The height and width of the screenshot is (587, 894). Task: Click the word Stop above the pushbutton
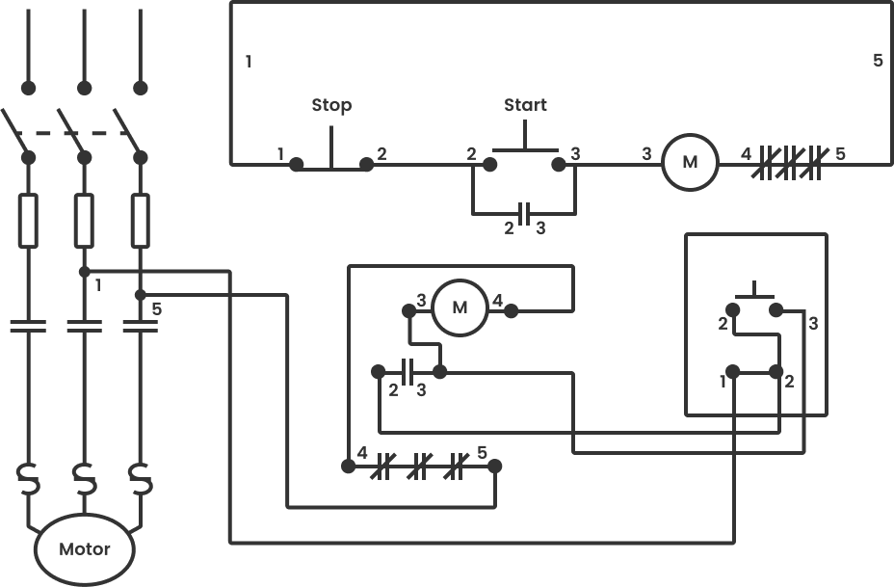click(x=331, y=105)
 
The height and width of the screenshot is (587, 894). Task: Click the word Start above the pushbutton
click(x=525, y=105)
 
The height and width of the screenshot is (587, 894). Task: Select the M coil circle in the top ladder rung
click(x=690, y=161)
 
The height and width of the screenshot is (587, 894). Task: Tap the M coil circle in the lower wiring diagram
click(x=460, y=307)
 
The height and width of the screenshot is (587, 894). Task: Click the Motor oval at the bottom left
click(x=85, y=550)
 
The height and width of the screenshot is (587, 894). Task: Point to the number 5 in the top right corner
click(x=878, y=60)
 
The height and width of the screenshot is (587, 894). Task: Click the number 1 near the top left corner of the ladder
click(x=249, y=62)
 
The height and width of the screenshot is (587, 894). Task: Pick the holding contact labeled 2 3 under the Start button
click(x=525, y=211)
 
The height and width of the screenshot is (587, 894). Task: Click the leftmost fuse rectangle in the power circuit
click(x=29, y=219)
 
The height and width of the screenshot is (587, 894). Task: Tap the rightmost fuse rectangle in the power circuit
click(x=141, y=219)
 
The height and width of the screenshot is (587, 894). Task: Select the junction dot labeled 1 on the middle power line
click(x=85, y=272)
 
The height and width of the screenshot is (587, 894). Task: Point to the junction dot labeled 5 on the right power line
click(x=141, y=294)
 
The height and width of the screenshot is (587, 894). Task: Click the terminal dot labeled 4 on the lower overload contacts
click(x=347, y=467)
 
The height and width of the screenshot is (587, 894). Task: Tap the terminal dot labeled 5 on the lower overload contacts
click(x=495, y=467)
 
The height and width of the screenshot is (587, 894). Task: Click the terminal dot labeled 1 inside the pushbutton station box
click(x=733, y=371)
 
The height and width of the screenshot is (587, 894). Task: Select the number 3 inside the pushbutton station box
click(x=813, y=324)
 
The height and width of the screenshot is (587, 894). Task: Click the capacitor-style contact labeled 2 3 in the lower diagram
click(x=408, y=370)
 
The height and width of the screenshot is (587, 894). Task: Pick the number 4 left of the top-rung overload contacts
click(x=746, y=153)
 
